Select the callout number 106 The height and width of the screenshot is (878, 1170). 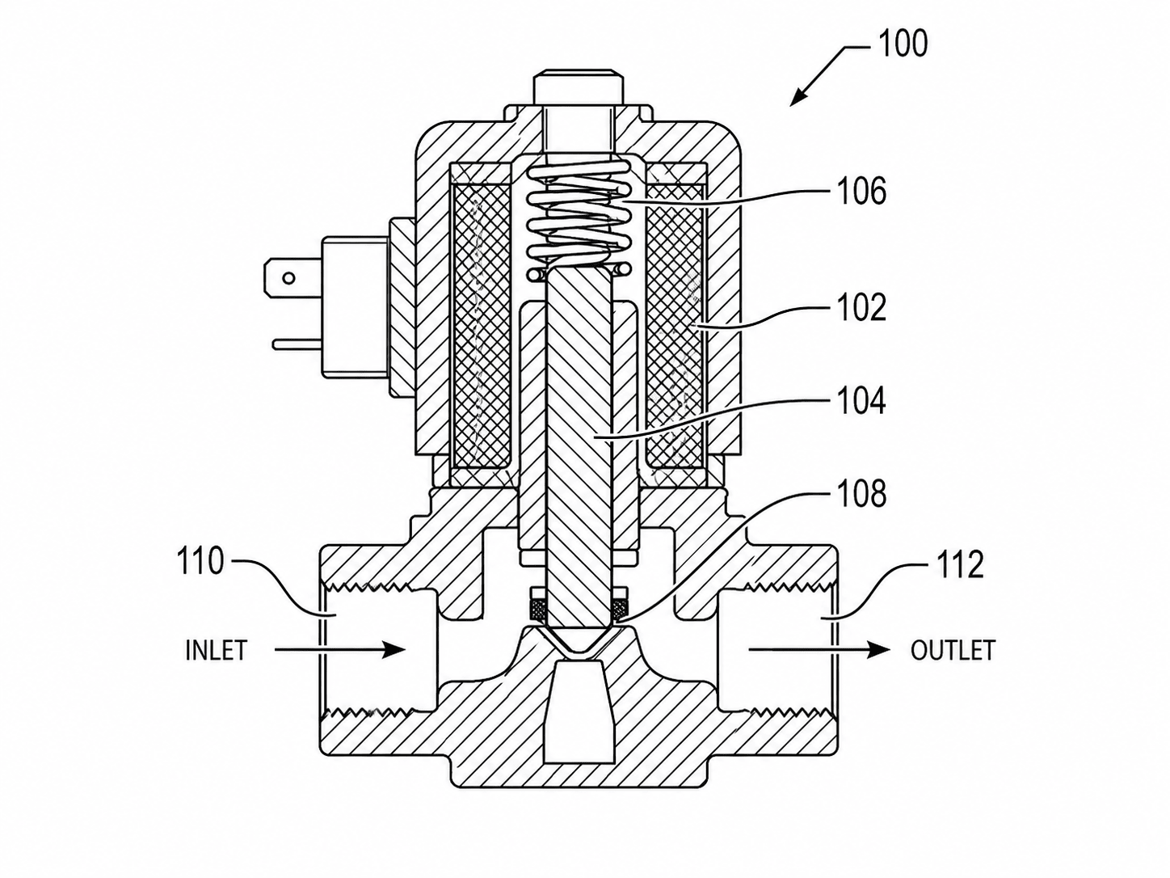point(862,191)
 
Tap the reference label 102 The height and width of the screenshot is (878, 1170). point(862,307)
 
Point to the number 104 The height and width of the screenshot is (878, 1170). point(862,401)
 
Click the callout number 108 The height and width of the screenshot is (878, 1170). point(862,493)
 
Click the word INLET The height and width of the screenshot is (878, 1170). point(217,650)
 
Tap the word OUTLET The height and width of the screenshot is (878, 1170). point(953,650)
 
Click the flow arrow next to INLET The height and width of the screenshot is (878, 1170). point(339,649)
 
